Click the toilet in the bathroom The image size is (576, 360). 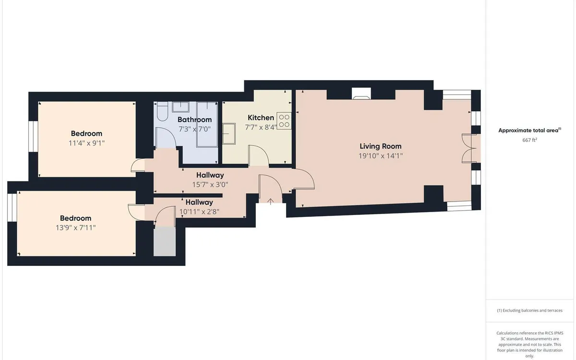point(162,114)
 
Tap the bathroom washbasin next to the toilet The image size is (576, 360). point(180,107)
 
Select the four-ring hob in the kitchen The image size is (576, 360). point(284,120)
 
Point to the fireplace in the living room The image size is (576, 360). point(361,94)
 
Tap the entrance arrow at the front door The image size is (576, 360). point(271,202)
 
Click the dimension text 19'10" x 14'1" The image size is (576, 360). point(381,156)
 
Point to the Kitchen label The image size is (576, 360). point(261,118)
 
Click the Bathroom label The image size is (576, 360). point(194,120)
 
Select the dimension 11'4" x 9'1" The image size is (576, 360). point(86,143)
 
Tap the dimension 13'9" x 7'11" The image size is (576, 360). point(76,228)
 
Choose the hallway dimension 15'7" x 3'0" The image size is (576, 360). point(210,184)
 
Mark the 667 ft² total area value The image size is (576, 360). point(529,140)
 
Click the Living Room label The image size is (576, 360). point(381,146)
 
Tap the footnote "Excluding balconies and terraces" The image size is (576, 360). point(529,311)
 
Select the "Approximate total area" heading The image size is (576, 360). point(529,130)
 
